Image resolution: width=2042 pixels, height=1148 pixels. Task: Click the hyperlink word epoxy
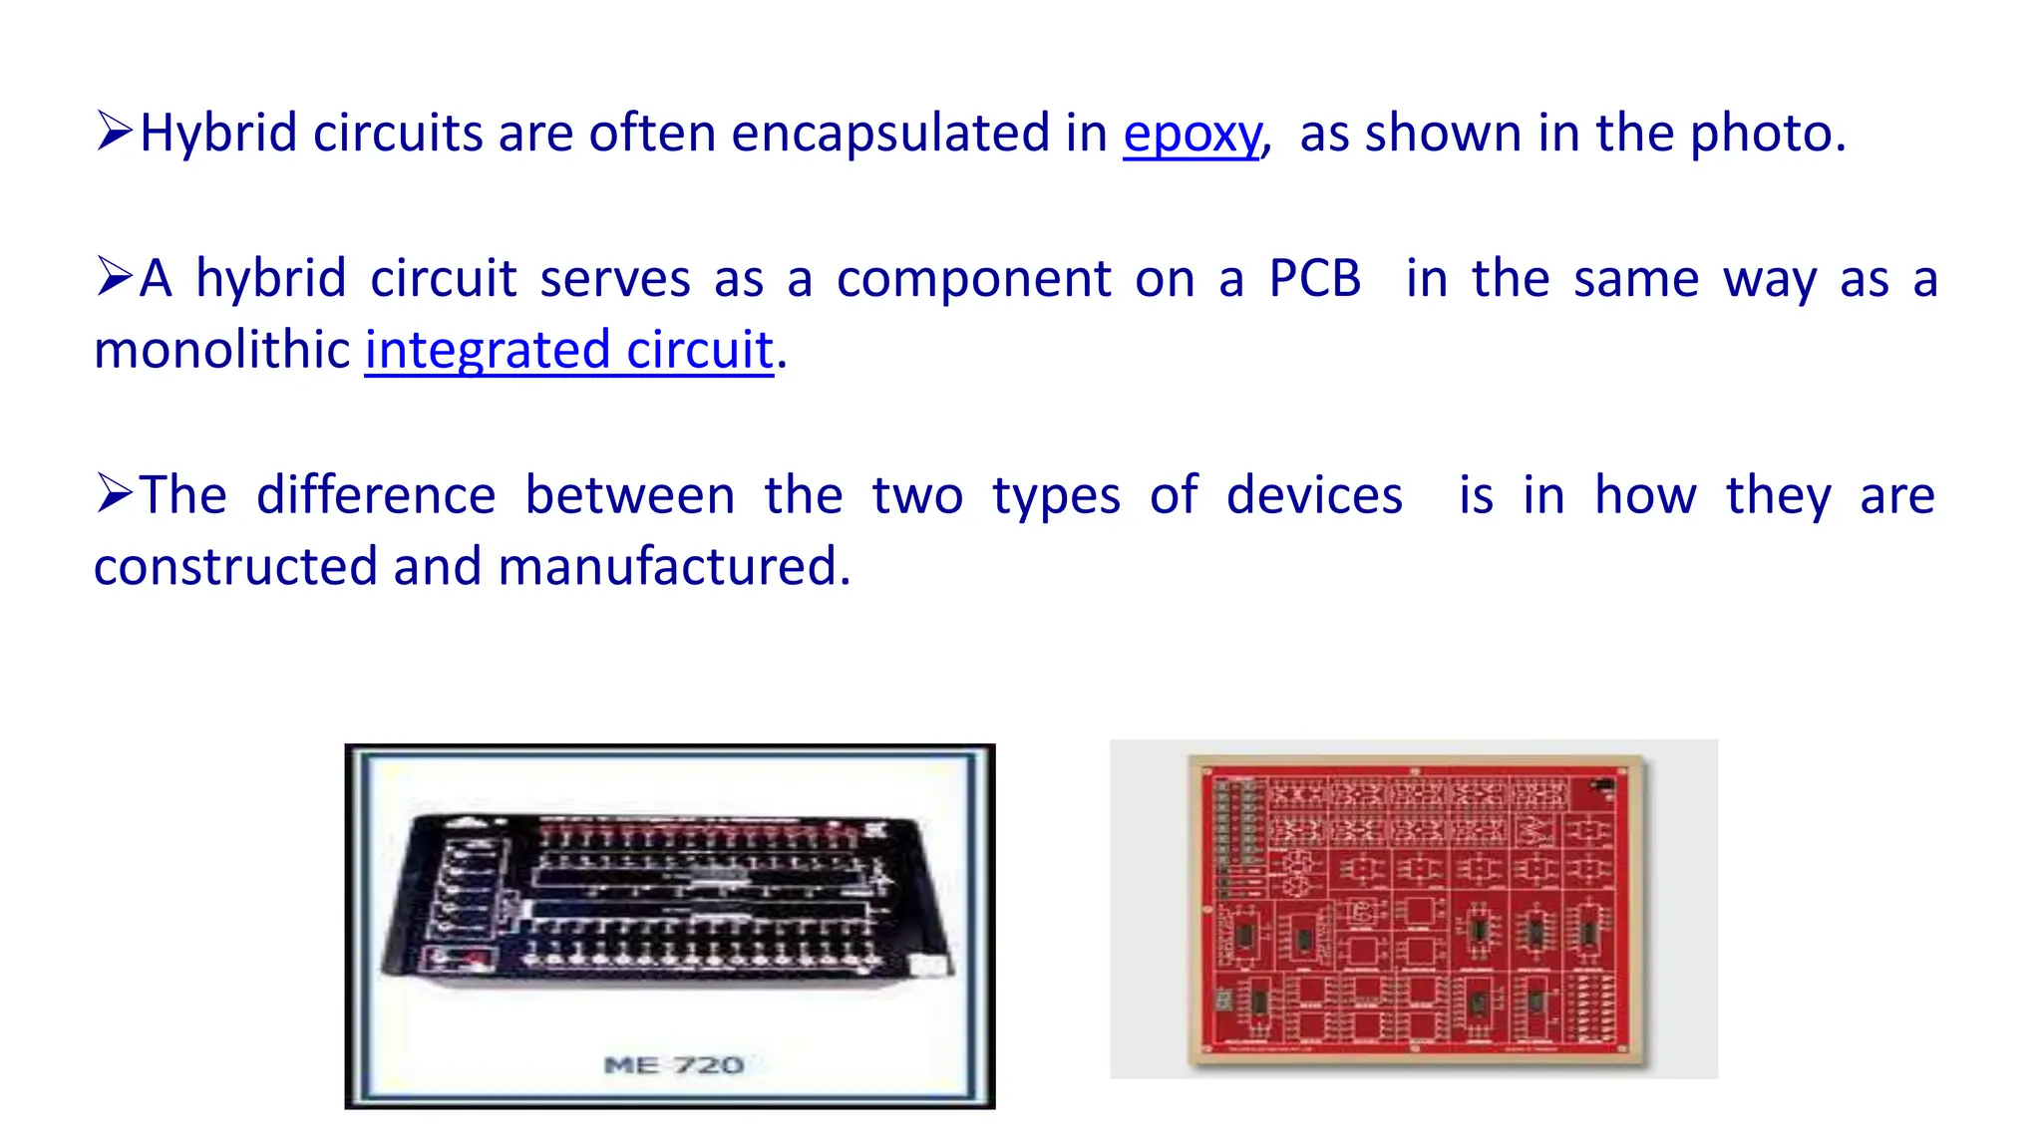pyautogui.click(x=1191, y=135)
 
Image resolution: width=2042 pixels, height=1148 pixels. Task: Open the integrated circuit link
pyautogui.click(x=568, y=351)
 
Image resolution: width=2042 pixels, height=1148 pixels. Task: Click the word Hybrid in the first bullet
pyautogui.click(x=218, y=133)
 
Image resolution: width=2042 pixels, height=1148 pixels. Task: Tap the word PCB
pyautogui.click(x=1314, y=279)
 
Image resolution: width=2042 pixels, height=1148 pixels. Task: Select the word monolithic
pyautogui.click(x=221, y=351)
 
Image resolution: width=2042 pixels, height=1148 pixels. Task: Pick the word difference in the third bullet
pyautogui.click(x=376, y=495)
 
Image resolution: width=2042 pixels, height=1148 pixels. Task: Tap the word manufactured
pyautogui.click(x=673, y=567)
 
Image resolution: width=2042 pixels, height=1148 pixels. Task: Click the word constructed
pyautogui.click(x=236, y=567)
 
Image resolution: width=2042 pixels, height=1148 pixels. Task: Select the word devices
pyautogui.click(x=1313, y=495)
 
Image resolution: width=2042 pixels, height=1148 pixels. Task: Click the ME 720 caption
pyautogui.click(x=674, y=1065)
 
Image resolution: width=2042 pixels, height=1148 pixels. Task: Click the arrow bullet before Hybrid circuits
pyautogui.click(x=115, y=132)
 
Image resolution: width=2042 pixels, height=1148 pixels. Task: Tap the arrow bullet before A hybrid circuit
pyautogui.click(x=115, y=277)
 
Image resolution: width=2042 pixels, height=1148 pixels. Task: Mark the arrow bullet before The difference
pyautogui.click(x=115, y=493)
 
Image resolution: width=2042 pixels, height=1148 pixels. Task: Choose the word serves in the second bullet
pyautogui.click(x=614, y=279)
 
